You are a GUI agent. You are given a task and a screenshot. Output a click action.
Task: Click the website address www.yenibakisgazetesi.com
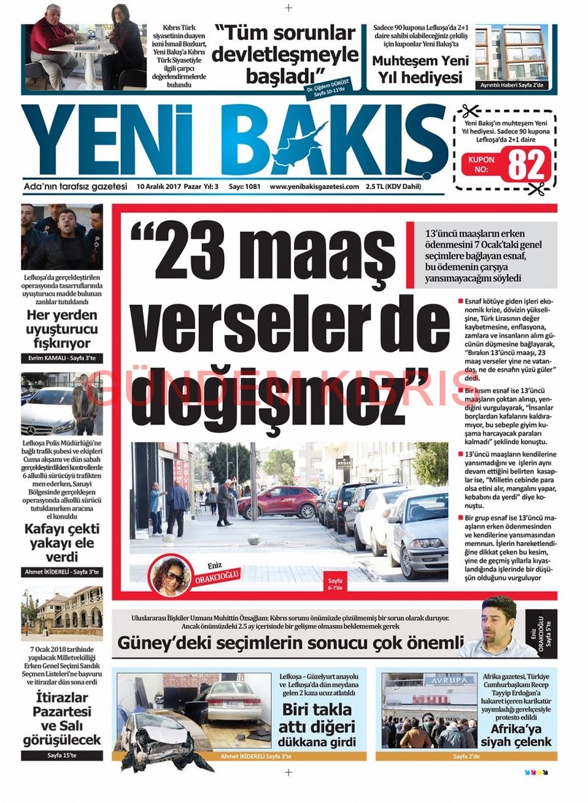[x=314, y=186]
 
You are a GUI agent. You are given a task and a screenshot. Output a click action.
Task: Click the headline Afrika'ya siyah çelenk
[x=516, y=734]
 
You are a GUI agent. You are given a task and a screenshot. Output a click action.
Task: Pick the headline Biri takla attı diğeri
[x=316, y=719]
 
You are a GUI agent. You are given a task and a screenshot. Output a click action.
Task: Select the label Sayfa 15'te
[x=61, y=755]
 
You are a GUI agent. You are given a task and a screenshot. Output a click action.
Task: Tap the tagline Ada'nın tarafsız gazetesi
[x=75, y=186]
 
